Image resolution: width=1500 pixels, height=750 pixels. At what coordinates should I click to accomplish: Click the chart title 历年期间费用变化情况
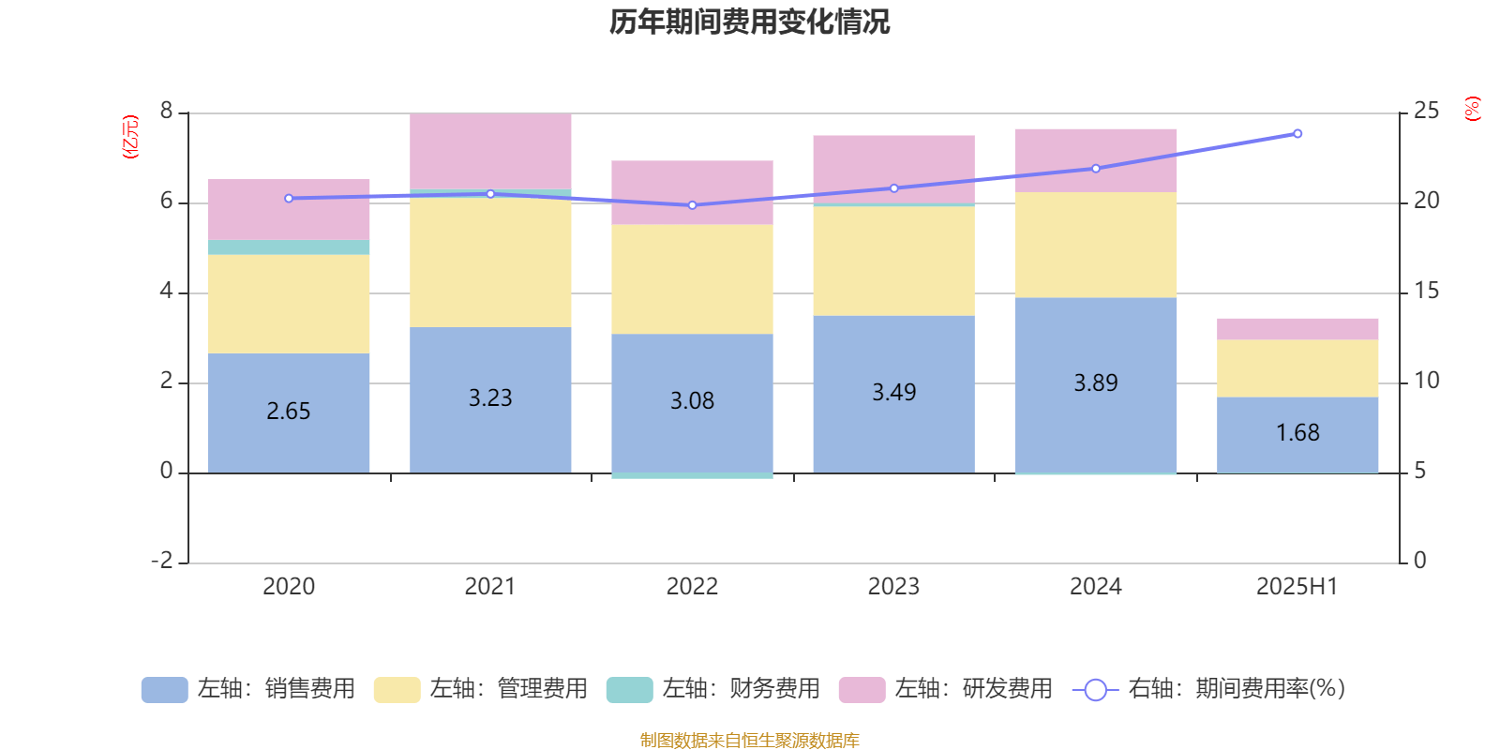(749, 22)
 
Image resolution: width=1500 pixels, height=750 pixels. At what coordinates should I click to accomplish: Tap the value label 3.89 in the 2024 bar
(1095, 382)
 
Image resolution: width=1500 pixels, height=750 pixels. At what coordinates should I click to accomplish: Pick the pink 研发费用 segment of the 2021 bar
(490, 150)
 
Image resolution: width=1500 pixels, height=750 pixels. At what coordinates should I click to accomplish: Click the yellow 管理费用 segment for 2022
(692, 278)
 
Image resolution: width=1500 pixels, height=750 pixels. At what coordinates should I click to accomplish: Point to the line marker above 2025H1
(1297, 133)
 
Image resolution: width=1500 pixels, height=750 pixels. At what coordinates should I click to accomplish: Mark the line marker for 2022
(692, 205)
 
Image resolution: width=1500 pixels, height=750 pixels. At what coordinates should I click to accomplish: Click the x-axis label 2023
(892, 587)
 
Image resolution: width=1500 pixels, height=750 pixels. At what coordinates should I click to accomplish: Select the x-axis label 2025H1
(1297, 587)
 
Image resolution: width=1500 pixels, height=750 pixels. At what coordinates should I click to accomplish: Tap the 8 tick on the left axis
(166, 112)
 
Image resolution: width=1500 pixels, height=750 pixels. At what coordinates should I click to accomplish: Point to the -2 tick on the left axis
(162, 561)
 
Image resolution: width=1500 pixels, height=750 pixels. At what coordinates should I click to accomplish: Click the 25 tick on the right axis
(1426, 112)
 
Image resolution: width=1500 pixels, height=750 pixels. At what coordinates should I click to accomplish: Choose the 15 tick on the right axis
(1426, 292)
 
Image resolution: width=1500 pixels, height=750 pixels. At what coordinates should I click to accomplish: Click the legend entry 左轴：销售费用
(248, 689)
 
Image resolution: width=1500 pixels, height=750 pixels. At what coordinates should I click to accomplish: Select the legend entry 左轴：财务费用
(713, 689)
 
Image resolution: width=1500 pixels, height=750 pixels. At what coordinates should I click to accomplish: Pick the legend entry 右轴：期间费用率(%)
(1208, 689)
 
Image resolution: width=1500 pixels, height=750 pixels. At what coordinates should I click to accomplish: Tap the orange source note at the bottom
(749, 741)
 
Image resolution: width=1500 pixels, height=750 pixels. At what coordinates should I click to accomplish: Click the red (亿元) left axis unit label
(130, 138)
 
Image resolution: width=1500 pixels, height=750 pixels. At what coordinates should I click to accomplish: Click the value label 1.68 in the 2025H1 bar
(1297, 432)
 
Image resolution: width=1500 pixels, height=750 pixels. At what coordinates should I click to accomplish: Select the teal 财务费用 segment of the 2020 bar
(288, 247)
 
